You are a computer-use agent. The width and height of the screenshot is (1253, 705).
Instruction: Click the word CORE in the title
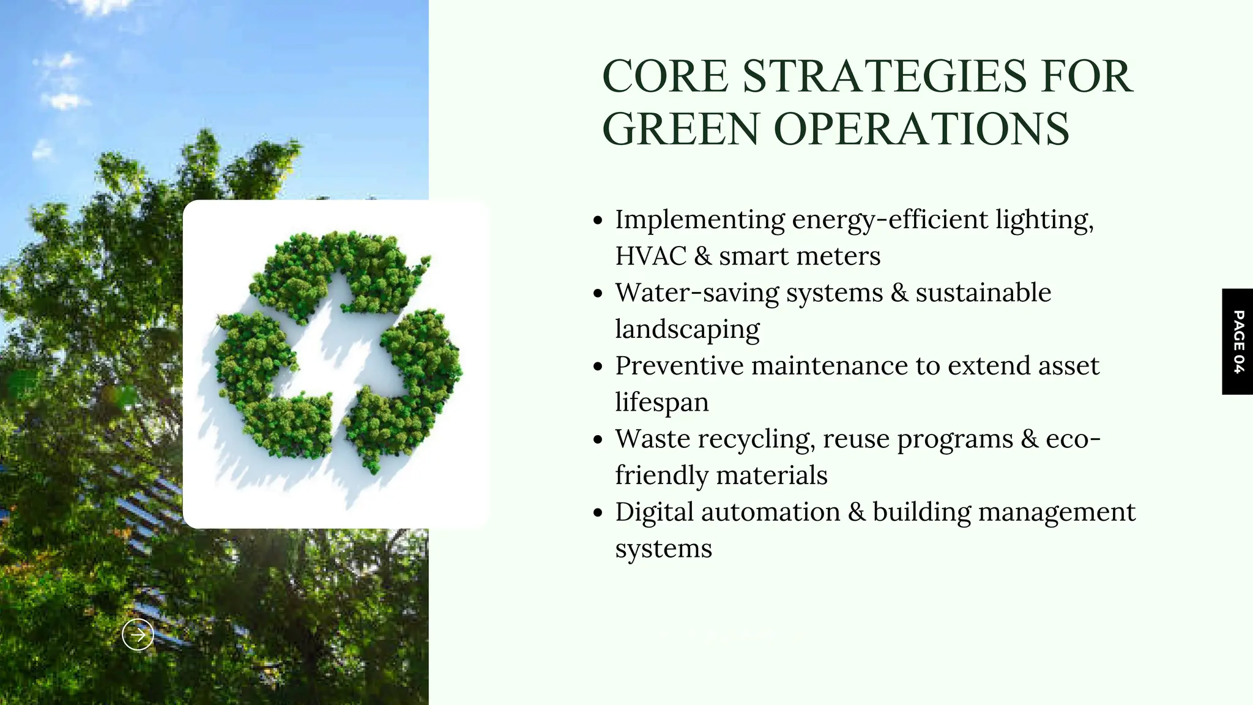point(665,76)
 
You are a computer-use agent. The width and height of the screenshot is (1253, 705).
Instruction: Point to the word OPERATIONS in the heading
point(921,129)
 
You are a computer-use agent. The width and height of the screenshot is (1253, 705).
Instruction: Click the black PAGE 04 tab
point(1238,341)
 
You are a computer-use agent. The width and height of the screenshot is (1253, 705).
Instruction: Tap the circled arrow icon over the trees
point(138,635)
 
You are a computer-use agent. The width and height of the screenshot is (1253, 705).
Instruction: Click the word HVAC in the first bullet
point(651,256)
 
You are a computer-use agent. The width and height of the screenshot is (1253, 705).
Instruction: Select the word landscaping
point(687,329)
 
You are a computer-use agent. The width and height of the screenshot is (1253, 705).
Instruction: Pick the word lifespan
point(662,402)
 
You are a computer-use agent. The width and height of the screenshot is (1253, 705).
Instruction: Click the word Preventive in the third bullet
point(679,365)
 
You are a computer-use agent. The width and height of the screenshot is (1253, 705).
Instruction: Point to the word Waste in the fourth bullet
point(652,439)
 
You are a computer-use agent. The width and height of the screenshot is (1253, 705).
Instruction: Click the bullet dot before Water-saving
point(598,294)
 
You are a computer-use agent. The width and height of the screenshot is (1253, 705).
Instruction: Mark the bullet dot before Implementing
point(598,220)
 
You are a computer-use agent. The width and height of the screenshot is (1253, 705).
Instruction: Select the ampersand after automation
point(857,512)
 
